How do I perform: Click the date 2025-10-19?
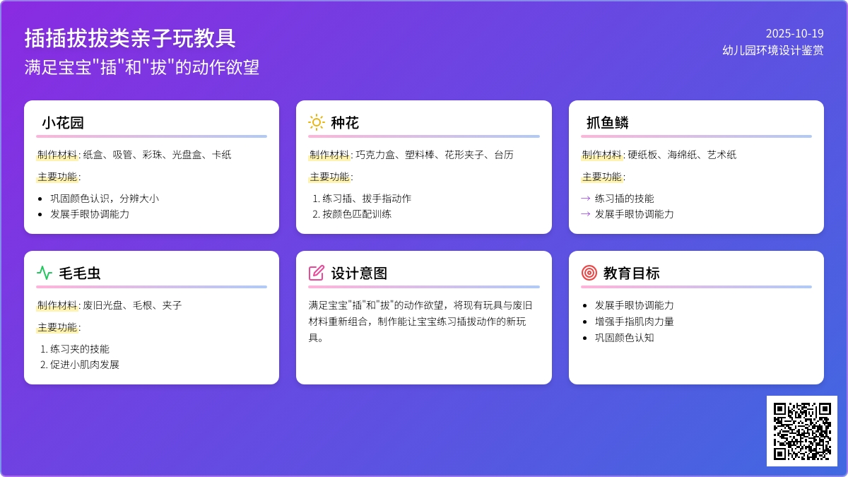point(794,34)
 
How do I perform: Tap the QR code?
point(802,431)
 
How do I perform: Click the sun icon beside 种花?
point(316,123)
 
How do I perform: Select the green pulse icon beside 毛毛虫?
point(45,273)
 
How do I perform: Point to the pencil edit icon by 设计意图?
point(316,273)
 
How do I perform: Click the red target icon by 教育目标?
point(589,273)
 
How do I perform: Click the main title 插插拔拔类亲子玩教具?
point(130,38)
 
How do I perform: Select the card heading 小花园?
point(63,123)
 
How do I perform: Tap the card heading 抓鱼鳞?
point(608,123)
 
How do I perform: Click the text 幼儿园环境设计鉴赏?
point(772,50)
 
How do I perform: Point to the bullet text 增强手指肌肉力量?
point(634,322)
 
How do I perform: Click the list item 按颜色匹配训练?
point(357,214)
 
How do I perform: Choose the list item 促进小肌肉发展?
point(84,365)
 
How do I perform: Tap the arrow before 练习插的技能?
point(586,199)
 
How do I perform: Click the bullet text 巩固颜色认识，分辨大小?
point(105,199)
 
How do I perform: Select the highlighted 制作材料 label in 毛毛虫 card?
point(57,305)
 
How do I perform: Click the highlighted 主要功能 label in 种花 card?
point(329,177)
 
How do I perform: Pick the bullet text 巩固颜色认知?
point(624,338)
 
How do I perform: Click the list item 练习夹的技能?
point(79,349)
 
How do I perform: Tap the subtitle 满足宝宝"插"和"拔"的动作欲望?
point(142,67)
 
